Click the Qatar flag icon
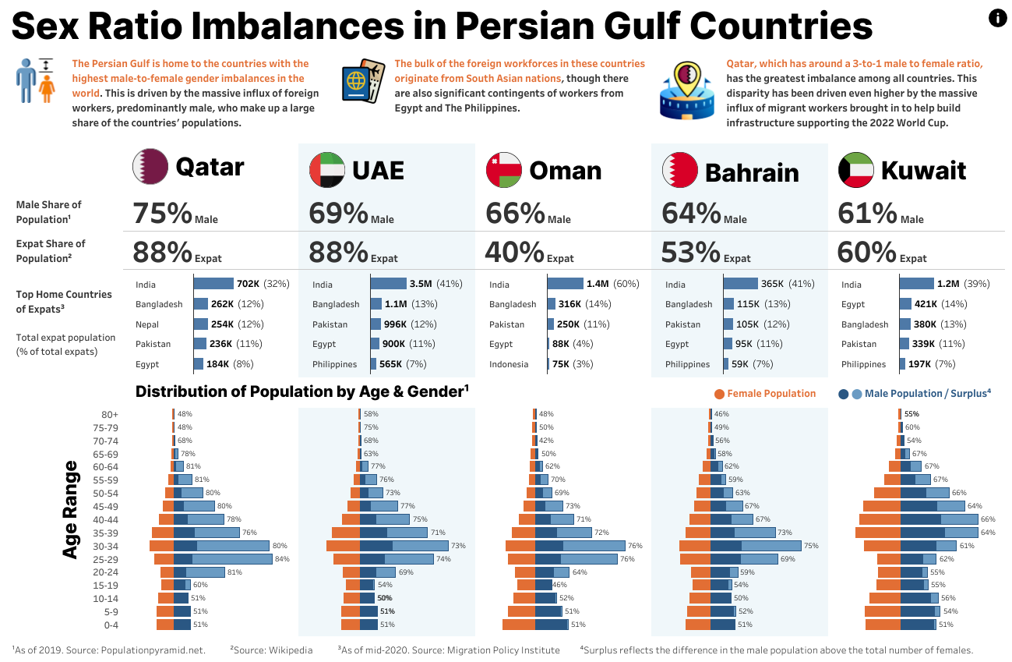pos(150,166)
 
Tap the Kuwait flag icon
pos(856,170)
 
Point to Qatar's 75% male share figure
pos(162,213)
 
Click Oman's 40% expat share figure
pos(514,252)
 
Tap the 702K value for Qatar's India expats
pos(248,285)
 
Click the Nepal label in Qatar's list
pos(147,324)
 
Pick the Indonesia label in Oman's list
pos(510,364)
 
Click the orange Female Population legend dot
pos(719,394)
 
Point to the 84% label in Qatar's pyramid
pos(281,559)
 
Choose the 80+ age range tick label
pos(109,414)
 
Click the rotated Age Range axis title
pos(70,509)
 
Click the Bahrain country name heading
pos(751,172)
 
